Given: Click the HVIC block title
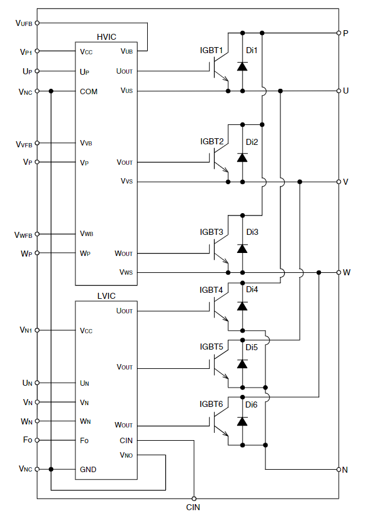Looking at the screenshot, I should [x=106, y=37].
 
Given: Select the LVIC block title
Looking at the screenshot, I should [x=106, y=296].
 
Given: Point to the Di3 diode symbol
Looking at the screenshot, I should [x=242, y=249].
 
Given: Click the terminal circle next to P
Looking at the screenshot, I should [x=338, y=33].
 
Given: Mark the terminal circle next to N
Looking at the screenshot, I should [x=338, y=469].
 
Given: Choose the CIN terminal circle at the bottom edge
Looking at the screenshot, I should [x=194, y=498].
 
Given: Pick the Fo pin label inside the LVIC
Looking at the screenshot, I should [x=84, y=440].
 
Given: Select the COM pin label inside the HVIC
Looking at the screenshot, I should [x=89, y=91].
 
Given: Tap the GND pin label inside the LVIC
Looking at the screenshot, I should [x=88, y=469].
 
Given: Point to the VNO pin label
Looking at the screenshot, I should [x=126, y=455].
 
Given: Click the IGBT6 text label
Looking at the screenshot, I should [x=211, y=404].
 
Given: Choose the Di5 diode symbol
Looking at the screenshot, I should [x=242, y=364].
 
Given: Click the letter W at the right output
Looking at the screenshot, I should [x=347, y=272].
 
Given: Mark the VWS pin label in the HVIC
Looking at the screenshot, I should [x=126, y=272].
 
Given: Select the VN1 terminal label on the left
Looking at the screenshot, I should [x=25, y=330].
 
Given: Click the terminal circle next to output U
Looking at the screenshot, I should [x=338, y=91].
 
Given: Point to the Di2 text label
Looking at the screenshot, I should [x=251, y=141].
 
